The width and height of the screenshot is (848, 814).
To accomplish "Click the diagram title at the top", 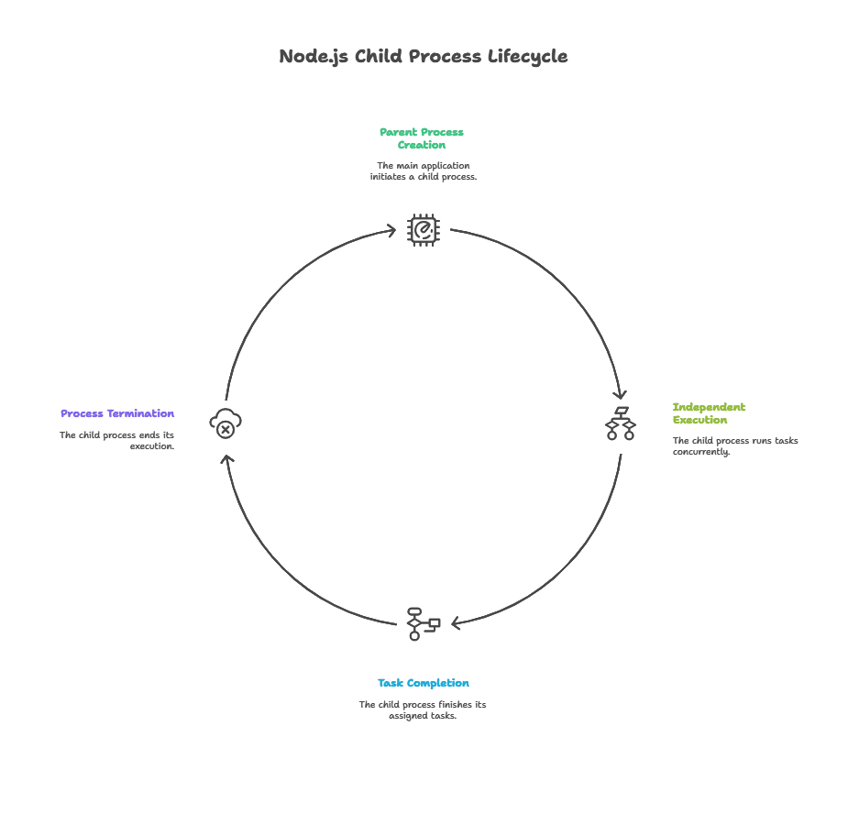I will pos(424,57).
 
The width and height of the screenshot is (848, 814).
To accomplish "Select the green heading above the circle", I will pos(423,138).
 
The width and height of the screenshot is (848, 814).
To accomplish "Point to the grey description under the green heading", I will pos(424,174).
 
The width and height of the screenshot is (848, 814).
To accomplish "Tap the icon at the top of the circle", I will pos(423,231).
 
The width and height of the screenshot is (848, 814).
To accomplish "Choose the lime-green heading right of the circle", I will pos(710,412).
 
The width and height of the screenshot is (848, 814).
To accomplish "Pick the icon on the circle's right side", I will pos(620,427).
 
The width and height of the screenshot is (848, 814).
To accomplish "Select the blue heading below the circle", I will pos(423,683).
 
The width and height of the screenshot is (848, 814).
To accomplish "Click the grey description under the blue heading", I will pos(423,709).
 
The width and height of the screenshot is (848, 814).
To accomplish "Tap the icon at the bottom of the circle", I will pos(415,621).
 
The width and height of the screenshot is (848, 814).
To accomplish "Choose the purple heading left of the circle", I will pos(117,412).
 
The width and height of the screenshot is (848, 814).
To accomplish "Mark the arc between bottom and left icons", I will pos(275,559).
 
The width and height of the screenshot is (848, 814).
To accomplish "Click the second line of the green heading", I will pos(423,146).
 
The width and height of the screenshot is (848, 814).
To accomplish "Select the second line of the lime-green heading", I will pos(701,420).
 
